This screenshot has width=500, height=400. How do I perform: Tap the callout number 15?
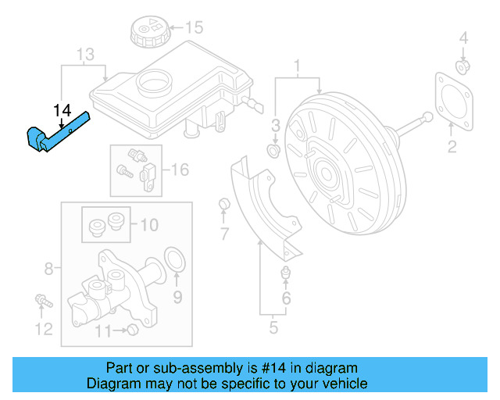point(193,28)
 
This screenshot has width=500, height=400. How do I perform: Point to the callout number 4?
point(463,37)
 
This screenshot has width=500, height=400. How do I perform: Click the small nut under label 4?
point(462,67)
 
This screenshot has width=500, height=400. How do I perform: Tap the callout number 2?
point(452,148)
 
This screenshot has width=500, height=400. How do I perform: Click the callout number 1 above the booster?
point(297,63)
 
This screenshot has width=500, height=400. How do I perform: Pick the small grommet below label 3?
point(274,148)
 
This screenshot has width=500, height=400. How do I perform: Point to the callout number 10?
point(148,225)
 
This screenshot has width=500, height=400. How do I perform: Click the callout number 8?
point(48,270)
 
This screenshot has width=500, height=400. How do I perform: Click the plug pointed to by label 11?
point(132,330)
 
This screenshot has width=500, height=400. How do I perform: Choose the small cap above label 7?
point(223,205)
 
